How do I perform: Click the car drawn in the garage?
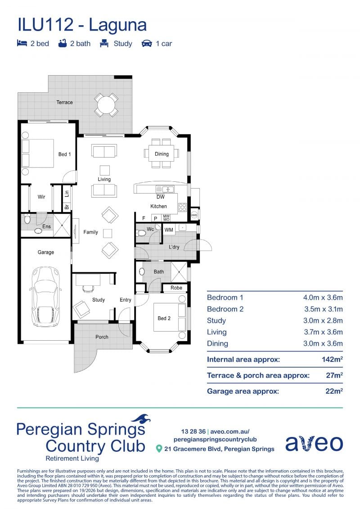(45, 297)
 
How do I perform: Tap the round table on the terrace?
(106, 105)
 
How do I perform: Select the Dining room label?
(162, 154)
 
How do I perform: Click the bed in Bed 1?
(38, 153)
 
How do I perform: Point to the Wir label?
(41, 197)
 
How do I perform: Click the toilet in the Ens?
(27, 219)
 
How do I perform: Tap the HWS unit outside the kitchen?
(194, 215)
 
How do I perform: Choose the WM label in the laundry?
(169, 230)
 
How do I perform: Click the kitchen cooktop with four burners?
(182, 207)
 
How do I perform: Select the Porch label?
(102, 337)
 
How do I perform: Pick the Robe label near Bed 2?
(176, 288)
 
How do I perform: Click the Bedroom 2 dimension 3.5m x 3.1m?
(323, 309)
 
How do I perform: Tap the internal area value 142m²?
(332, 359)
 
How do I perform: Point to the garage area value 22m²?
(334, 391)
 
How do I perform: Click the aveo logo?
(314, 443)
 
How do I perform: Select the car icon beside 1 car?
(147, 44)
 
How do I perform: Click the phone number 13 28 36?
(193, 432)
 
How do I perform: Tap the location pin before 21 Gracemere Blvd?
(159, 449)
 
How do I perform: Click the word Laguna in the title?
(117, 25)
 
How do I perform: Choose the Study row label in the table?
(216, 321)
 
